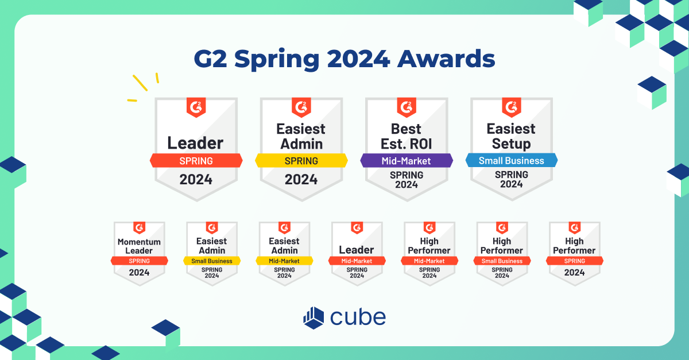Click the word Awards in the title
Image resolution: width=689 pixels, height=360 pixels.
coord(446,59)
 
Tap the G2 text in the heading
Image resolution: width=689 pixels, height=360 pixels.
coord(210,59)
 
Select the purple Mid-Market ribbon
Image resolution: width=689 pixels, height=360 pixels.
coord(407,161)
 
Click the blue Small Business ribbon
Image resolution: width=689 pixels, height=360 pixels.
coord(512,160)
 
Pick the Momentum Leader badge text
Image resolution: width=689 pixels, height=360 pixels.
coord(139,246)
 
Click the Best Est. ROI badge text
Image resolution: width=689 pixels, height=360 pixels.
coord(406,136)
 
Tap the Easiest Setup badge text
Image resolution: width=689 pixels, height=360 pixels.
coord(511,136)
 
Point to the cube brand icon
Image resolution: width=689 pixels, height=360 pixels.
coord(313,318)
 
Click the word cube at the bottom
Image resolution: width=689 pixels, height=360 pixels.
coord(358,318)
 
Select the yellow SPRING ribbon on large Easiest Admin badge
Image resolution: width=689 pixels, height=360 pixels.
coord(301,161)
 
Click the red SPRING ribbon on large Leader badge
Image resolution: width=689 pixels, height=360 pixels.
coord(196,161)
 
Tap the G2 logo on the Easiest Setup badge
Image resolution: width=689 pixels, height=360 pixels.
coord(512,107)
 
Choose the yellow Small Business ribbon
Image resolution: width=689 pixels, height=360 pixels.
coord(212,261)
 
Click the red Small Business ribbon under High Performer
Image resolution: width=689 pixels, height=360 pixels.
coord(502,261)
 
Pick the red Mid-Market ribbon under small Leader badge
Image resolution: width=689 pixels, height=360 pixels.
coord(357,261)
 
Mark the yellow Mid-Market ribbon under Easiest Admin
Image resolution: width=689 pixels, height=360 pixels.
coord(284,261)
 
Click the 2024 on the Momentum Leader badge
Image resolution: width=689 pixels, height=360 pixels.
coord(139,272)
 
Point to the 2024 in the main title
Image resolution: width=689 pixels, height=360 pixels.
coord(358,59)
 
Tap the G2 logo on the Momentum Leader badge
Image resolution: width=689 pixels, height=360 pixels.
coord(140,228)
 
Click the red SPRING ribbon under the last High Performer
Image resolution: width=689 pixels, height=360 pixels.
coord(575,261)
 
